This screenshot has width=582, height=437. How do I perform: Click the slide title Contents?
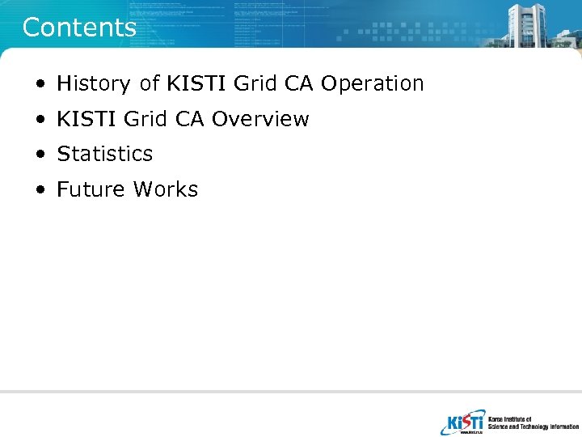point(79,28)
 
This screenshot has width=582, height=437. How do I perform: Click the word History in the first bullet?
point(93,83)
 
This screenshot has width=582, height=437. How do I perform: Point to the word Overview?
point(259,119)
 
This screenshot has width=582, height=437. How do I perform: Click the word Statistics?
point(104,154)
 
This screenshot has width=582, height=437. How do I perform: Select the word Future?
point(91,189)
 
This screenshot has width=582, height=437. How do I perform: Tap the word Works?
point(166,189)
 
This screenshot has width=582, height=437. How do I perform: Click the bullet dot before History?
point(40,84)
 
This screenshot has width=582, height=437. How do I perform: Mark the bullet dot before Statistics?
point(40,155)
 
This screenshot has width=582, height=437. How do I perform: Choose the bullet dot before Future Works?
point(40,190)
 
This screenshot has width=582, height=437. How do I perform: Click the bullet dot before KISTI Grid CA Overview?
point(40,120)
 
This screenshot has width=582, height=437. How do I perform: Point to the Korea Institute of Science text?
point(533,422)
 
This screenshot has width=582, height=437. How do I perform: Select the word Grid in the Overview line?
point(145,119)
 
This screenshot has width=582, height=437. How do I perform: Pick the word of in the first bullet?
point(150,83)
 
